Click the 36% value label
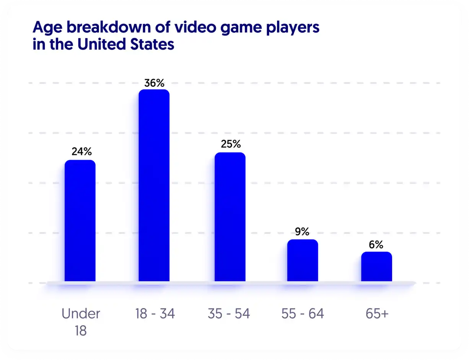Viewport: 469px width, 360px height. [x=154, y=83]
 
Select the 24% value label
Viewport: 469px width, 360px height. [x=81, y=152]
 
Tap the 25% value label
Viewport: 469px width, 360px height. [x=231, y=144]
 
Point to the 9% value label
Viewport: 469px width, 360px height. [x=302, y=231]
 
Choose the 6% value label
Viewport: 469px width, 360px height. [x=376, y=245]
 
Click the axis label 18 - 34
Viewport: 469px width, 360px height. [x=155, y=314]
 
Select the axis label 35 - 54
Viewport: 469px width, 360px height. [x=229, y=314]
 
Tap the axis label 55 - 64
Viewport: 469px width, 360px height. [x=303, y=314]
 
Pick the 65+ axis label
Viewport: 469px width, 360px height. [x=376, y=314]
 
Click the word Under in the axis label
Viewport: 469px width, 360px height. [x=81, y=314]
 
